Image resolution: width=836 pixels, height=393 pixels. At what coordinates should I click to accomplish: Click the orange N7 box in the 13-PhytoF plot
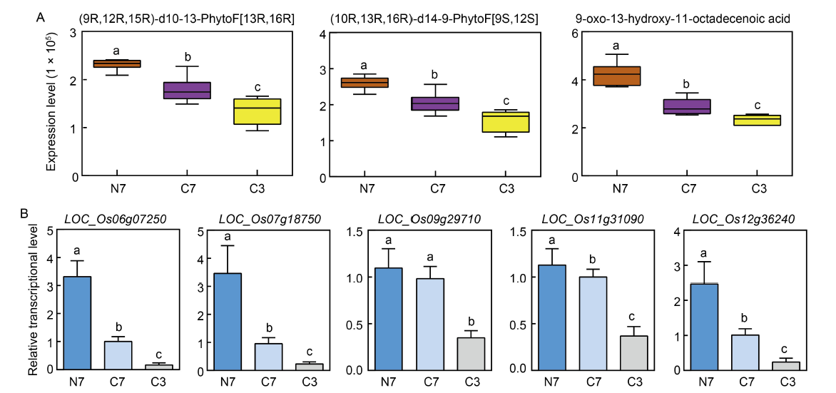click(x=117, y=63)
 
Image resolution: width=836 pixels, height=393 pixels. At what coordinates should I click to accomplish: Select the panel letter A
click(x=41, y=18)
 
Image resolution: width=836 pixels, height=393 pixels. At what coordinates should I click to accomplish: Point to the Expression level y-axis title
click(x=51, y=103)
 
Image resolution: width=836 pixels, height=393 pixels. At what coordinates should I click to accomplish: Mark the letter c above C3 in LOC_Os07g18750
click(x=310, y=352)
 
